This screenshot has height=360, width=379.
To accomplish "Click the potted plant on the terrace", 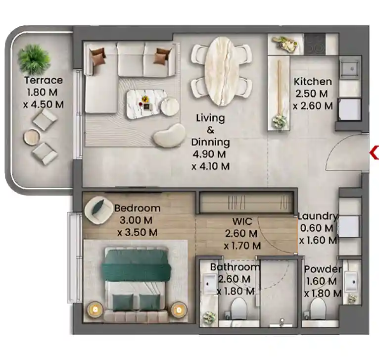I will (34, 57).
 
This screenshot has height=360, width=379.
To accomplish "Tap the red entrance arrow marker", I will (374, 154).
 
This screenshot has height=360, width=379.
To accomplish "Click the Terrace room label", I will (45, 80).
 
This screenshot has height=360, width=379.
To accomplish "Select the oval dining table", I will (222, 71).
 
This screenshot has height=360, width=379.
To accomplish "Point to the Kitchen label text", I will (312, 82).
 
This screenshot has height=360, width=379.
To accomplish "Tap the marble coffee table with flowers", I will (144, 103).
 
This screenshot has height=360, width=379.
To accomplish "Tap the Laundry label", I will (318, 216).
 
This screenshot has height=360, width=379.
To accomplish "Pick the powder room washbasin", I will (353, 282).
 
